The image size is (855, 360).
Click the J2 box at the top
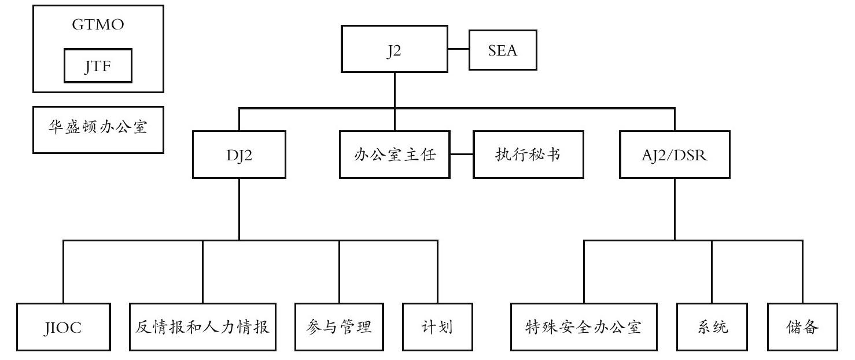point(395,49)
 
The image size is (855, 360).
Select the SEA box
point(503,50)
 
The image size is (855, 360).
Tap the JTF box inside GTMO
point(98,65)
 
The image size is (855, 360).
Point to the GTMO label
point(98,24)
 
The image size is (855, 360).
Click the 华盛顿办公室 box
point(98,130)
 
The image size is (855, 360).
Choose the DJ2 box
point(239,155)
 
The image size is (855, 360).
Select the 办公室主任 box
point(395,155)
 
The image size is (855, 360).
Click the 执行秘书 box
point(528,155)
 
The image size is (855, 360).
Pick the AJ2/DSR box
point(675,155)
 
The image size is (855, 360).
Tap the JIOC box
point(64,327)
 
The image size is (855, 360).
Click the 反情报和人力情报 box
point(202,327)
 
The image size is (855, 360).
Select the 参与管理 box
point(339,327)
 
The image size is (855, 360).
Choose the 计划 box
point(437,327)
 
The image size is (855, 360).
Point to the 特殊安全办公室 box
point(584,327)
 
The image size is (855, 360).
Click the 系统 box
point(712,327)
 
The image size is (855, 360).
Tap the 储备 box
point(802,327)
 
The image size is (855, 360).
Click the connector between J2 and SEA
point(458,49)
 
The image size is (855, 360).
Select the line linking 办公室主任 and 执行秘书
point(462,154)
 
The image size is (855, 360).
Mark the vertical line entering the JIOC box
point(64,272)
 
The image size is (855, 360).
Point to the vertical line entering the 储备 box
point(802,272)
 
